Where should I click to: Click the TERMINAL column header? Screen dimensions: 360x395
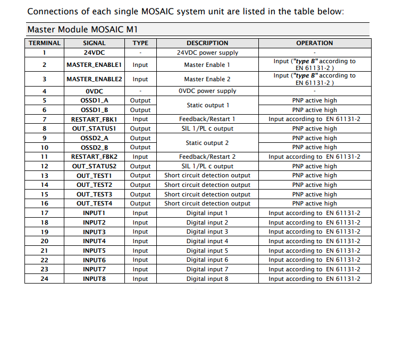coord(45,43)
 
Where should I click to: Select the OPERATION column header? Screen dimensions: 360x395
coord(314,43)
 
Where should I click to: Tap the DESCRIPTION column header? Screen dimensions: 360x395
coord(207,43)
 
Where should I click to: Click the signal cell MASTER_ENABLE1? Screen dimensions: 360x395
coord(94,65)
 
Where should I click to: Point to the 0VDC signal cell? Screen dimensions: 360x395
coord(94,91)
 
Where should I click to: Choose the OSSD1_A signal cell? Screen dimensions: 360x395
coord(94,100)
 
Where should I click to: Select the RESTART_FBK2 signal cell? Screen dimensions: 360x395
coord(94,157)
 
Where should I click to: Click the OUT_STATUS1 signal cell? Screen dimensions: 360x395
coord(94,128)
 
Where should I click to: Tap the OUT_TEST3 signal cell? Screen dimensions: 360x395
coord(94,194)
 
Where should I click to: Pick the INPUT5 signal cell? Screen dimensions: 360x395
coord(94,251)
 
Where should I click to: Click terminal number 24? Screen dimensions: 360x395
coord(45,279)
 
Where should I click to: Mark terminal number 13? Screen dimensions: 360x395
coord(45,175)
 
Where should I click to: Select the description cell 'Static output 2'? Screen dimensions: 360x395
coord(207,143)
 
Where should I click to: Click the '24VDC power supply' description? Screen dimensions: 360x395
coord(207,53)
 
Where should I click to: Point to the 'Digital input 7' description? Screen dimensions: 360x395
coord(207,269)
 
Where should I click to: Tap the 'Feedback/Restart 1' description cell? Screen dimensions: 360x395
coord(207,119)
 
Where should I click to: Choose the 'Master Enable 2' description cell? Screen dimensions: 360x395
coord(207,79)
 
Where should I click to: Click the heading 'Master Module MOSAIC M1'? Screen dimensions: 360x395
coord(83,30)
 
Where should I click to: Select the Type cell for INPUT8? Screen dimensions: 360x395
coord(140,279)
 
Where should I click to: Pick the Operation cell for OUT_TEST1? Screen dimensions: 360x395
coord(314,175)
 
